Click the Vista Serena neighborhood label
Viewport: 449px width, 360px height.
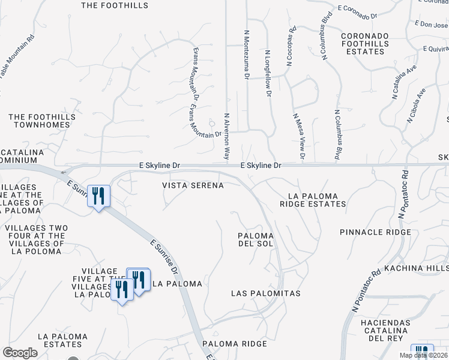(193, 186)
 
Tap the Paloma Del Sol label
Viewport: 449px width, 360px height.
(256, 240)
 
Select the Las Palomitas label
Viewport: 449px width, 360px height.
(266, 293)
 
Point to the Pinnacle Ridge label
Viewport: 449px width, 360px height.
(375, 232)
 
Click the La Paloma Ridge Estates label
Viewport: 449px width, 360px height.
(313, 200)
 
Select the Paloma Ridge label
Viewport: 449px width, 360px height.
(234, 344)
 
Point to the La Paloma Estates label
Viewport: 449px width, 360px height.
(62, 340)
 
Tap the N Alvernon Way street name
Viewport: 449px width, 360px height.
(227, 136)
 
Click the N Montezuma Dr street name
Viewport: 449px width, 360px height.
(246, 55)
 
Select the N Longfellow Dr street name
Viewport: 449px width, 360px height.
(268, 73)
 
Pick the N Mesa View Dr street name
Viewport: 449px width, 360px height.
(299, 137)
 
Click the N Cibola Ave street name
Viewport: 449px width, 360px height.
(415, 106)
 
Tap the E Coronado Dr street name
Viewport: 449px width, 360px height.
(357, 8)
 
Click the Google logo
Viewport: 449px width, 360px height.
(20, 353)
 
